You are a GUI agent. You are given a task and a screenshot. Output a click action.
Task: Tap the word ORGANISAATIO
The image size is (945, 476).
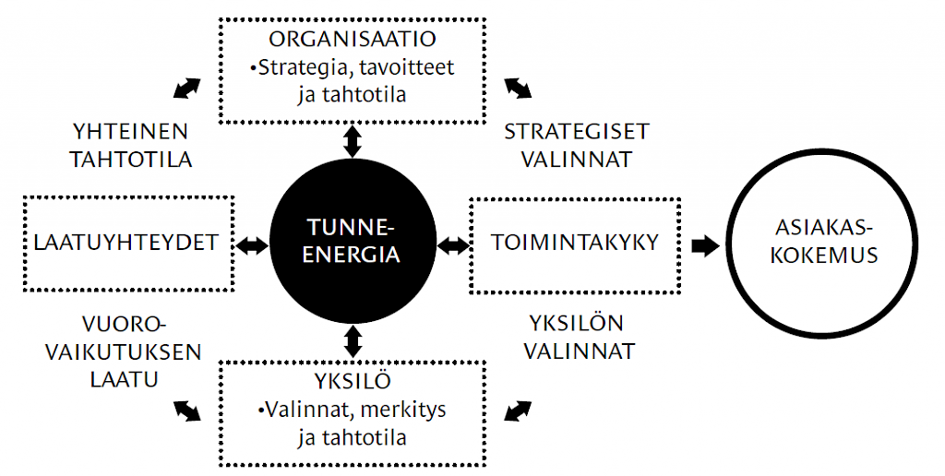[x=353, y=39]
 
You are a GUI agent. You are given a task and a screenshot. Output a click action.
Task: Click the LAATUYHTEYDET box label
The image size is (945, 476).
[x=126, y=243]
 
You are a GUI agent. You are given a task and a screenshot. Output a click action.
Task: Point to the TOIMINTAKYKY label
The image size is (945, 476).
[x=575, y=243]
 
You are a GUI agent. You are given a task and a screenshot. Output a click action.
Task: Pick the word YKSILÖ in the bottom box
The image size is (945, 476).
[x=353, y=380]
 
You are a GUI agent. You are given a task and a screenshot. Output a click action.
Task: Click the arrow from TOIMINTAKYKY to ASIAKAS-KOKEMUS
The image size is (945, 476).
[x=705, y=245]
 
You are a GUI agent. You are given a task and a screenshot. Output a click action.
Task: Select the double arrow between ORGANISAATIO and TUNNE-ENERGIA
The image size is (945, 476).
[x=353, y=141]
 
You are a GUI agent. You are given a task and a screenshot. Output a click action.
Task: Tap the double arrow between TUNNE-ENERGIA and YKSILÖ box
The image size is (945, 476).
[x=353, y=341]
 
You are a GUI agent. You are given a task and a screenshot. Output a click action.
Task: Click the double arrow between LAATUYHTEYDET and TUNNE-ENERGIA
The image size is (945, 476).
[x=252, y=245]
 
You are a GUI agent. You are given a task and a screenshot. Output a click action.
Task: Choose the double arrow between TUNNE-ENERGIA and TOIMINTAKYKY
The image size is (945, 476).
[x=452, y=245]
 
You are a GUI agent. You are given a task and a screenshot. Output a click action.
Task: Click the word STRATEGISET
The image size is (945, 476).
[x=577, y=131]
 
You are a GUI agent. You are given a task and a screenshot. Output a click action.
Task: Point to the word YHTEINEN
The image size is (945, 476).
[x=130, y=131]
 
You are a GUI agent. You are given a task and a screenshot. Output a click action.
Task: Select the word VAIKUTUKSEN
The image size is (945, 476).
[x=124, y=352]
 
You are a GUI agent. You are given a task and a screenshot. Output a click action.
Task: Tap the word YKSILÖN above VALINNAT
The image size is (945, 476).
[x=577, y=322]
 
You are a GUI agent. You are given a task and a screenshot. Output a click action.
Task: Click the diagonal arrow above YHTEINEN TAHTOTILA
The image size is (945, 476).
[x=186, y=88]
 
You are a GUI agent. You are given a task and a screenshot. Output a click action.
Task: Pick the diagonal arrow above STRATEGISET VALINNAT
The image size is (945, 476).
[x=519, y=88]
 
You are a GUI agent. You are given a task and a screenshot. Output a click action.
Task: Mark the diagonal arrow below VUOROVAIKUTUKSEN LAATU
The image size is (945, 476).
[x=186, y=411]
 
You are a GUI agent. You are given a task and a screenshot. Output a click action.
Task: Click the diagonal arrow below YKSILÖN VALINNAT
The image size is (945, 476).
[x=519, y=411]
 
